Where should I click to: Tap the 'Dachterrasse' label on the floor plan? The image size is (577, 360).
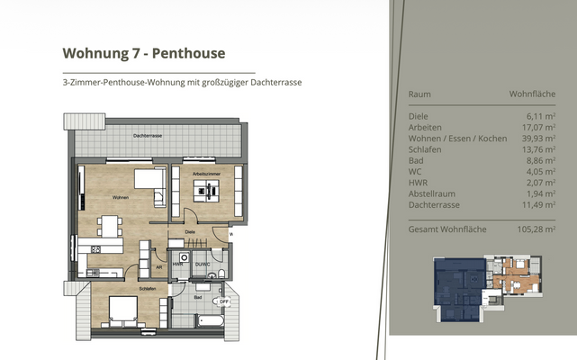(x=147, y=135)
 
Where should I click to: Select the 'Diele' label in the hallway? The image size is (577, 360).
(x=190, y=231)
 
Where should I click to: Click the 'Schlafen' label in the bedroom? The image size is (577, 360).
(x=148, y=289)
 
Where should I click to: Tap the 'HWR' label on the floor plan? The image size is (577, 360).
(x=178, y=264)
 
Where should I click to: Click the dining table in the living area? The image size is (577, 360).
(x=109, y=226)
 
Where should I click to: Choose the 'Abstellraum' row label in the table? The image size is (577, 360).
(x=432, y=193)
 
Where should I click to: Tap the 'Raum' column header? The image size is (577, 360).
(x=419, y=94)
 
